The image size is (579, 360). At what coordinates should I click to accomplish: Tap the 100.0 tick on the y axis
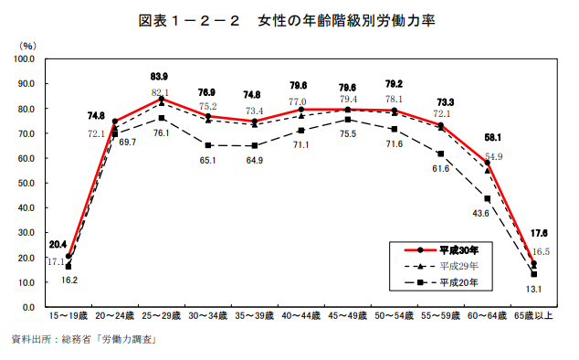(x=25, y=58)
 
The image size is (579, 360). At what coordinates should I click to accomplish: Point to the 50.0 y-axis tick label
(x=26, y=183)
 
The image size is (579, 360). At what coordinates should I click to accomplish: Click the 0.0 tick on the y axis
(x=28, y=307)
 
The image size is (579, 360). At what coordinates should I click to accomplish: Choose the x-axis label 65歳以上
(x=534, y=315)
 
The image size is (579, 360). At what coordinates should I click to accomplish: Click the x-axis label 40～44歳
(x=301, y=315)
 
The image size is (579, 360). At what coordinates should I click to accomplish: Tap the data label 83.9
(x=162, y=77)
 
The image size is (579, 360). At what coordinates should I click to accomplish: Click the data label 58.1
(x=487, y=138)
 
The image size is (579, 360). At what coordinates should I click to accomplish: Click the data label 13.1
(x=533, y=290)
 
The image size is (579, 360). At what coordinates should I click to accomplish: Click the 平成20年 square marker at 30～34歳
(x=208, y=145)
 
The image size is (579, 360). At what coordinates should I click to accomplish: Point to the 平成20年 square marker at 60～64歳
(x=488, y=198)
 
